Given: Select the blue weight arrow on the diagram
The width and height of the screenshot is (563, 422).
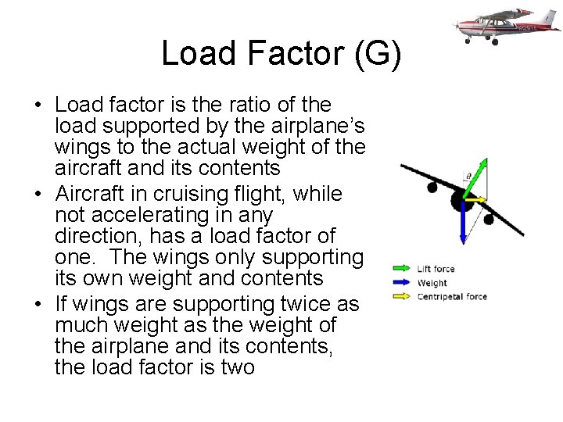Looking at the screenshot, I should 463,223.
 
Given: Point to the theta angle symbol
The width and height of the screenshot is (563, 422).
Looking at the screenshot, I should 468,177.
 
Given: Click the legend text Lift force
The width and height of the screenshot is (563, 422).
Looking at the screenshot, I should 436,269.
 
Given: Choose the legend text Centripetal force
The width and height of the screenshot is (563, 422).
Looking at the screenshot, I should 452,296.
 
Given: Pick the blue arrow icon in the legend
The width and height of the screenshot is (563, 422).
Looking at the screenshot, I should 402,283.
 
